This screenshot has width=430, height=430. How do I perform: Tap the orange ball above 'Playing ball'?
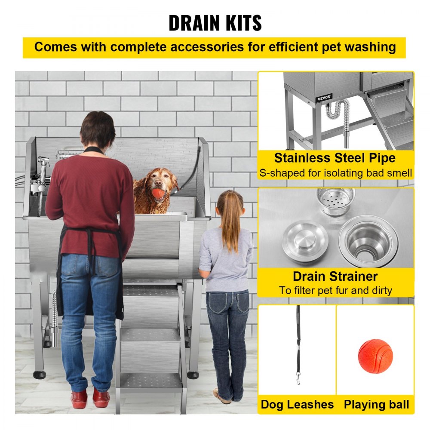point(375,356)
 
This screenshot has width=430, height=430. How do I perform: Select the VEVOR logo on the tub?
point(324,98)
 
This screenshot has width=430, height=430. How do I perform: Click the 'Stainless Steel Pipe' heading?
point(335,158)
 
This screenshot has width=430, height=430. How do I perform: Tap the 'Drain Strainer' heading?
point(335,276)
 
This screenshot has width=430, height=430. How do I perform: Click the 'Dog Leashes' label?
point(297,404)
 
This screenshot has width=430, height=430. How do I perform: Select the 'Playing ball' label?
point(376,404)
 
